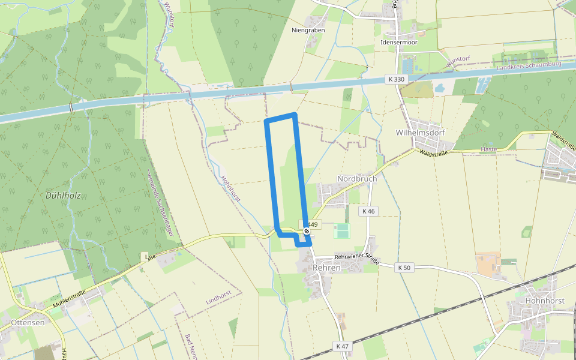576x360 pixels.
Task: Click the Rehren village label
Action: [x=326, y=268]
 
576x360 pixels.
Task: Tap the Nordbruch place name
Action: [x=357, y=179]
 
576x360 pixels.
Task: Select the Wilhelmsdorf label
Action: [x=419, y=132]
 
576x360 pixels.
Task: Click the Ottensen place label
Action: [x=28, y=322]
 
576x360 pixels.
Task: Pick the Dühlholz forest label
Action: [x=63, y=196]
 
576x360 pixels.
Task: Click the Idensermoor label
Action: [x=399, y=43]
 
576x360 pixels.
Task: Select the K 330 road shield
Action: [x=395, y=79]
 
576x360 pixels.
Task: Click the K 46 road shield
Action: [x=368, y=211]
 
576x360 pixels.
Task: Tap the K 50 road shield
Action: [x=403, y=268]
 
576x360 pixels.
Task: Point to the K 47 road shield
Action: [x=342, y=346]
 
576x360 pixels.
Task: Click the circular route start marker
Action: [x=307, y=230]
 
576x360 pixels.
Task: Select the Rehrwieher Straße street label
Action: [x=357, y=257]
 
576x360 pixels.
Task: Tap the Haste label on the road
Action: [x=490, y=149]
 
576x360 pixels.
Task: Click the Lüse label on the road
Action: [x=150, y=256]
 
